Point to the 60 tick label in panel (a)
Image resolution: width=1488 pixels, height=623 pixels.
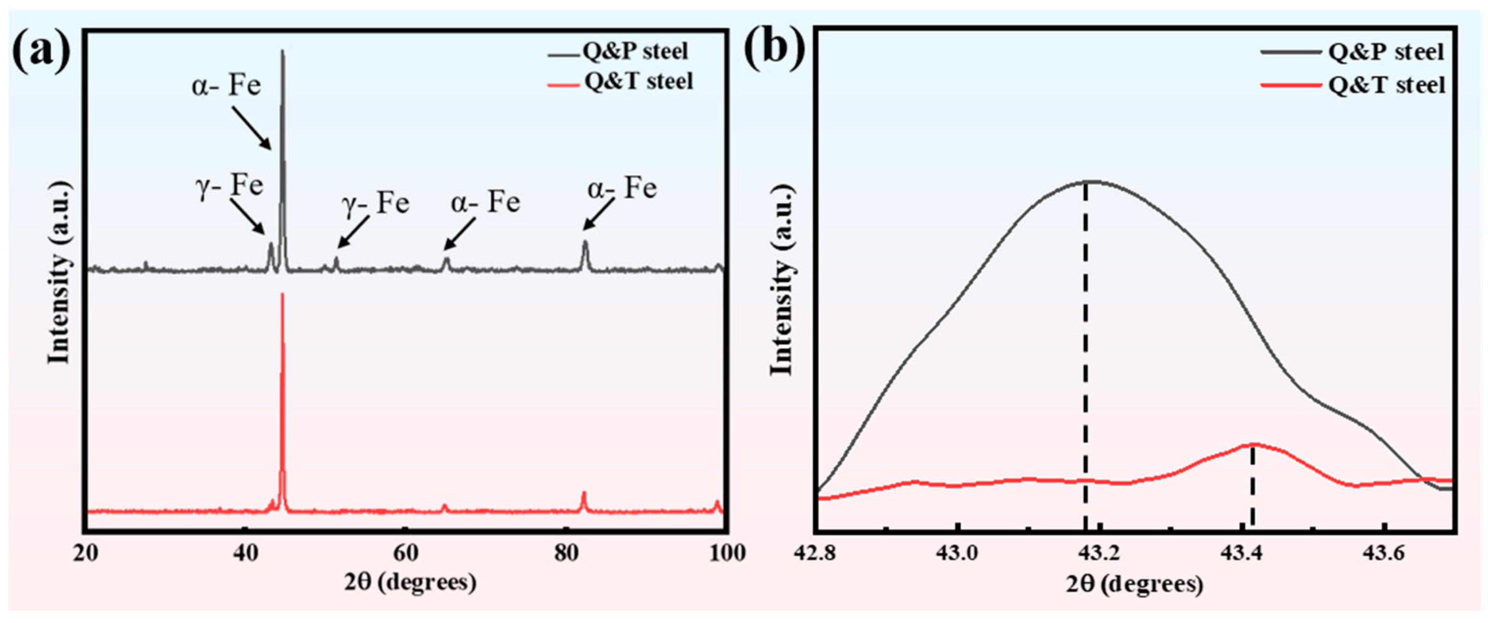coord(406,553)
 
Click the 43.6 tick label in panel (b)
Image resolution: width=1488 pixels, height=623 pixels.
coord(1383,554)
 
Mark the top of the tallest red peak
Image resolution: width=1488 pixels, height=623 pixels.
coord(282,296)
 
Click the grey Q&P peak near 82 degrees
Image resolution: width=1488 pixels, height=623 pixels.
coord(585,245)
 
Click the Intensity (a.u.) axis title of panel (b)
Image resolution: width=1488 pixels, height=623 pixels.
coord(782,280)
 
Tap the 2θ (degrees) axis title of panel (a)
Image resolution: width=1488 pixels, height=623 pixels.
coord(410,582)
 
